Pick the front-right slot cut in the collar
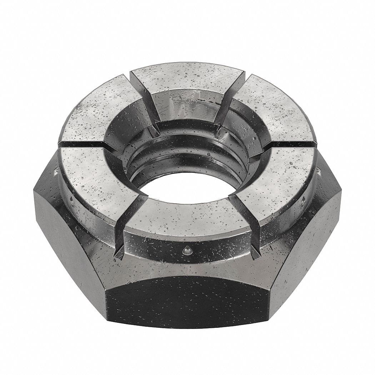[x=243, y=214]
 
